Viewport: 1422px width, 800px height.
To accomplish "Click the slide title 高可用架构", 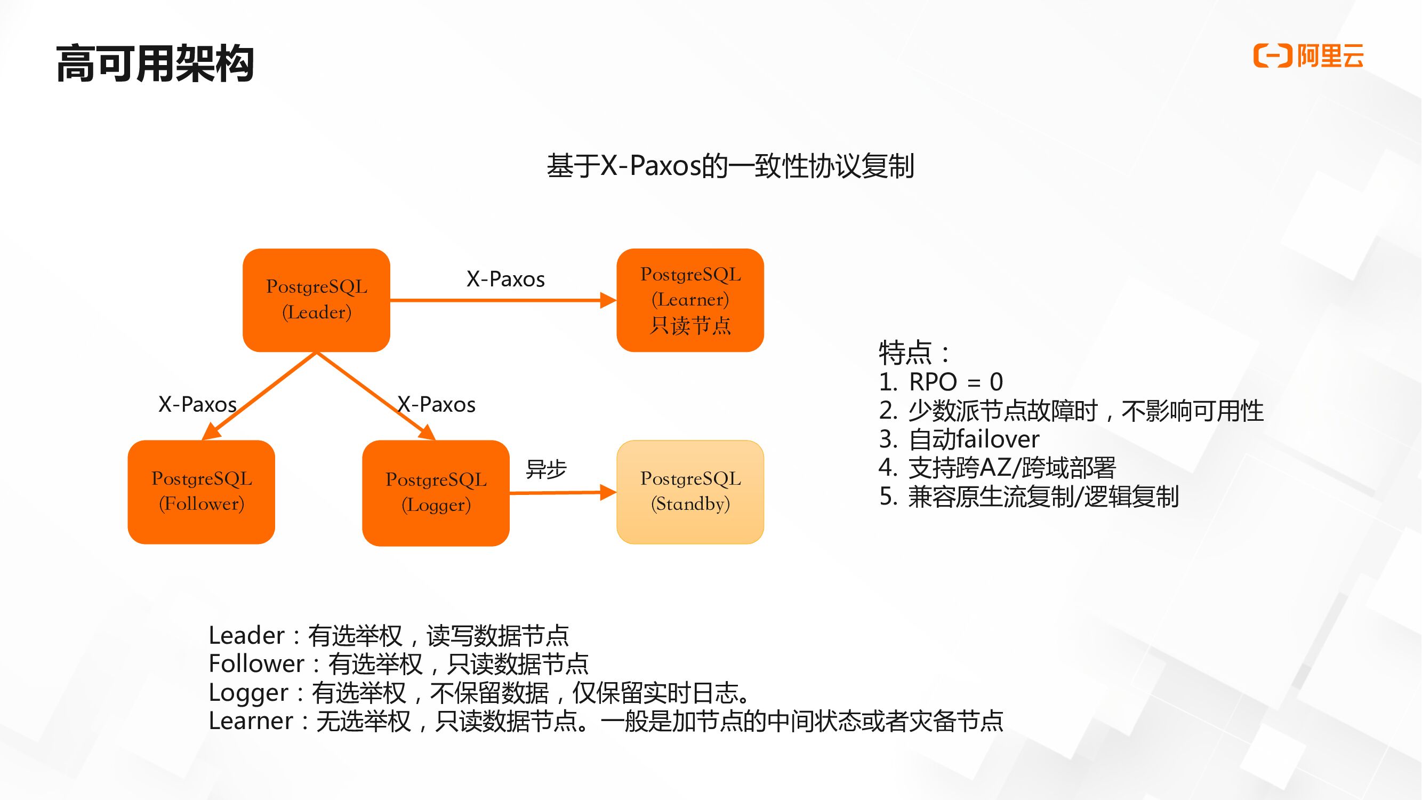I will (155, 64).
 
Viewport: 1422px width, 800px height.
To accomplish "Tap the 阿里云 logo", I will (1308, 56).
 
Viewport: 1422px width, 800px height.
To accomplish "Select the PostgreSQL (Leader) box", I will (316, 300).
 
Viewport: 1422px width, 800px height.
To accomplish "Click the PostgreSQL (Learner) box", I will (690, 300).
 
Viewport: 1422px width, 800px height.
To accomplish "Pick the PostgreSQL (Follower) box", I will (202, 491).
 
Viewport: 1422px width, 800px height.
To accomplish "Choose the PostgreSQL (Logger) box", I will (436, 492).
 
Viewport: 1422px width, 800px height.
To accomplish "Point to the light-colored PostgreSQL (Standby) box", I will (690, 491).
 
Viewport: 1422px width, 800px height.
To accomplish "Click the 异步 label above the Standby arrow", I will (546, 469).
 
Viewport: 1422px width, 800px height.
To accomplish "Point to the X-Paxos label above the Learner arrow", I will (505, 279).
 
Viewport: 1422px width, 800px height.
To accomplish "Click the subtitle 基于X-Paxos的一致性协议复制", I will (730, 166).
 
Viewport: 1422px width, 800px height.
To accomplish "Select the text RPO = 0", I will (955, 381).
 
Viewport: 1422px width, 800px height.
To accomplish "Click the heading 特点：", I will (914, 352).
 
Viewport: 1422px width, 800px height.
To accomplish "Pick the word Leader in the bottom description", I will (246, 636).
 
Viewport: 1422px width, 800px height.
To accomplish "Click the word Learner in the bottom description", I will (251, 721).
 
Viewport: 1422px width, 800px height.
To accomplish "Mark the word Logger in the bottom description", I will (248, 693).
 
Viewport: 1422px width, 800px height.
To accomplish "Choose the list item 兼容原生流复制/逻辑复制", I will (1043, 497).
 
